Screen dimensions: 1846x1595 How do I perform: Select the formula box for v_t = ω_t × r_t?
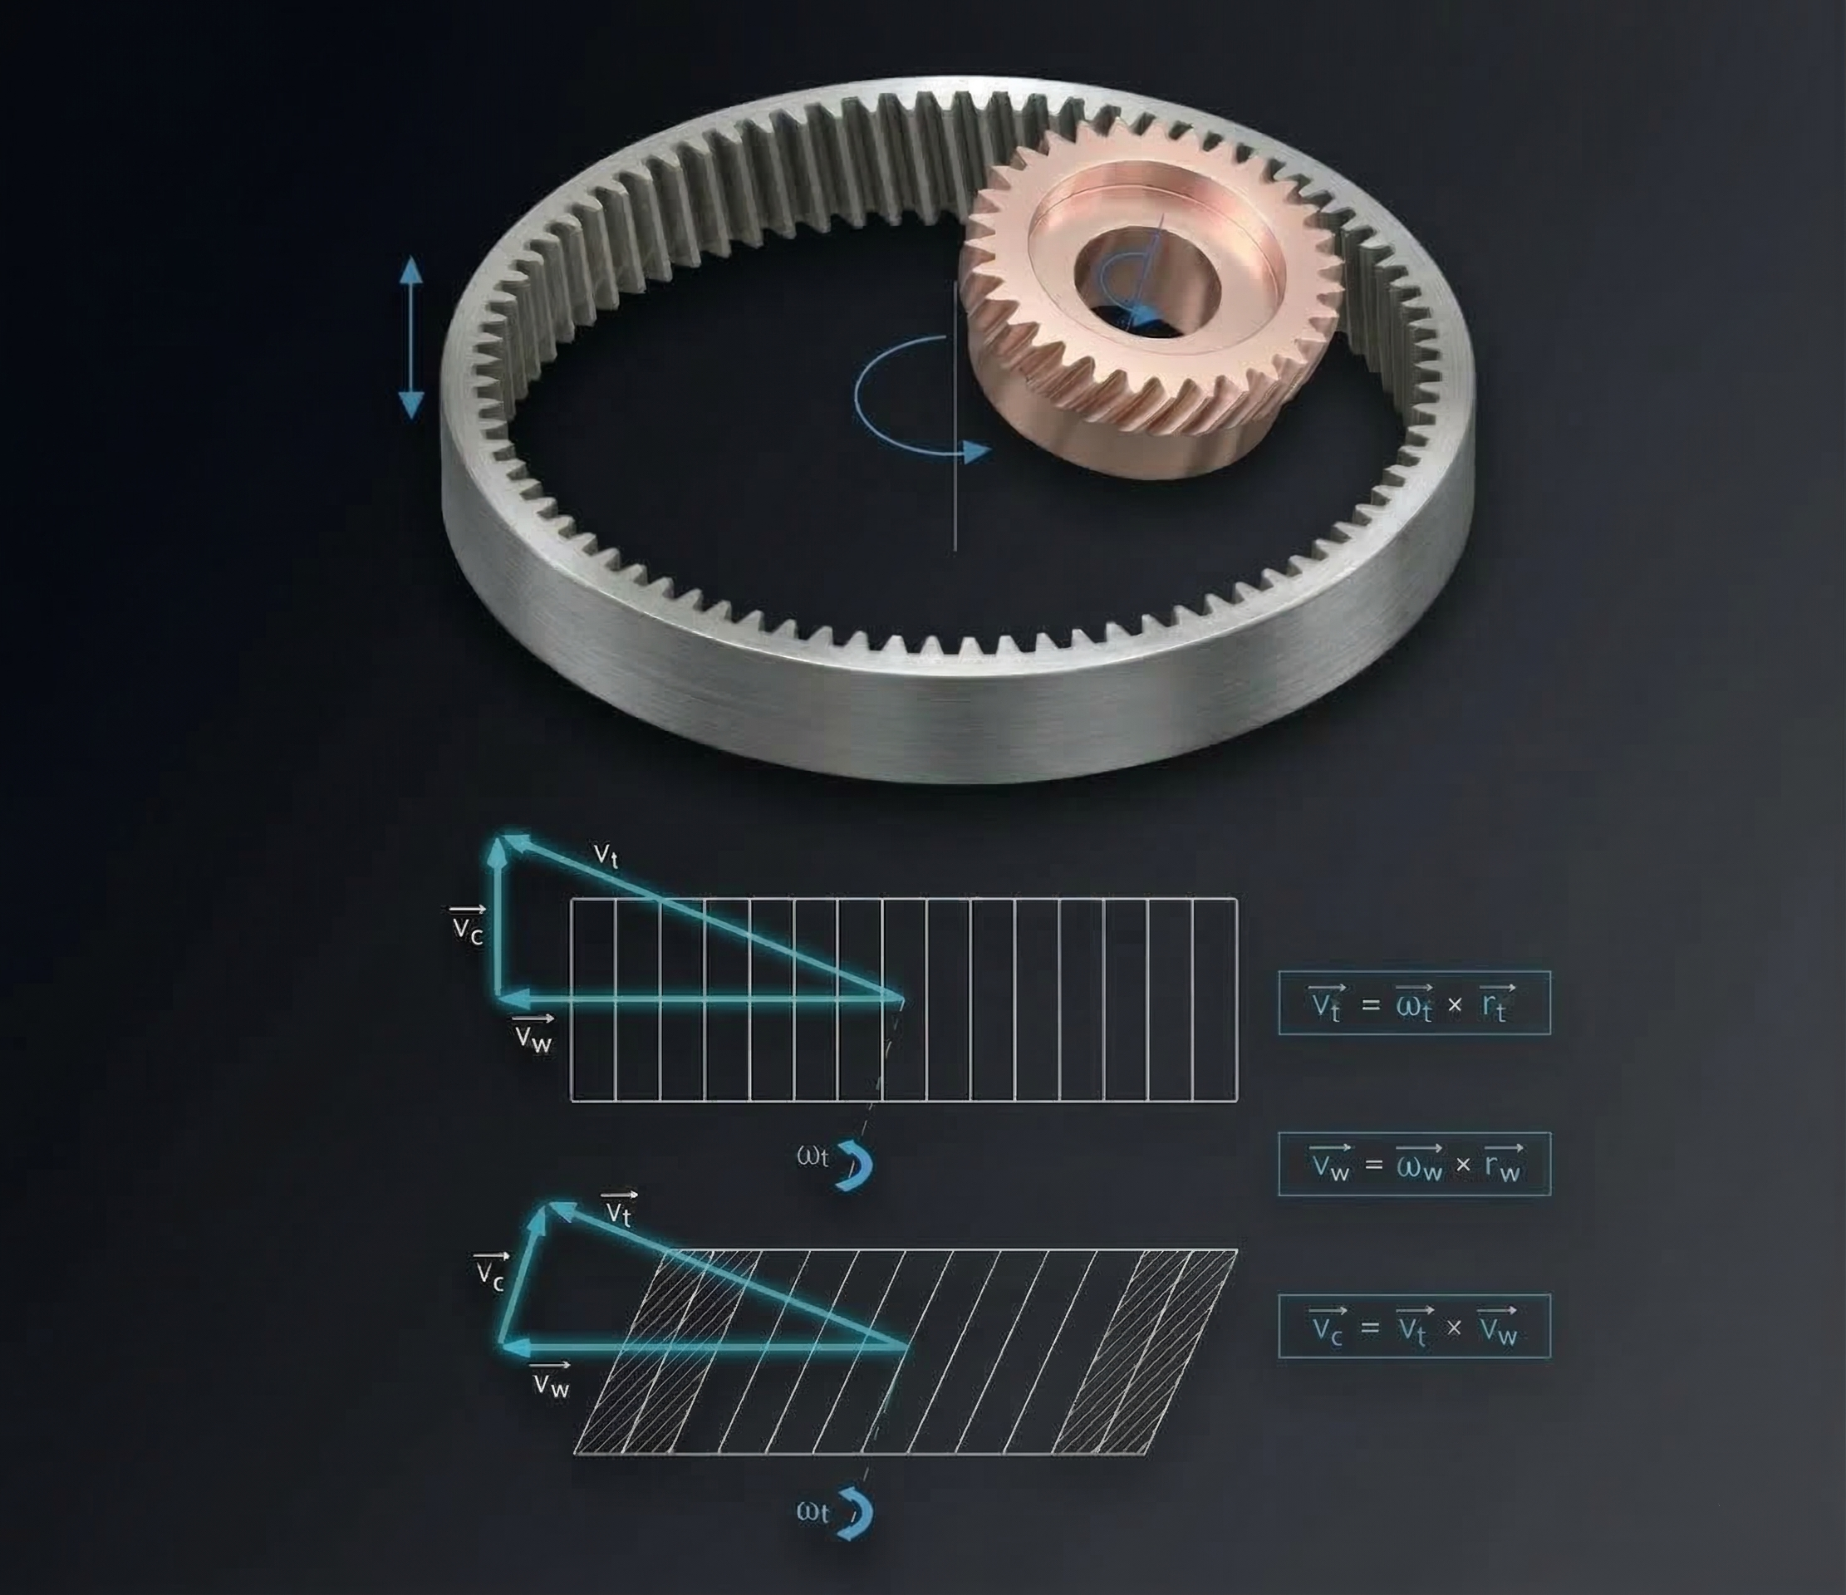tap(1414, 1003)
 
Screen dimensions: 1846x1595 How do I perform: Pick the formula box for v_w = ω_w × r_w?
tap(1414, 1164)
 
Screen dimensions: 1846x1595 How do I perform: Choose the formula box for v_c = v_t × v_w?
tap(1414, 1326)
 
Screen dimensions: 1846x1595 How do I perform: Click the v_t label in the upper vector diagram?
tap(605, 855)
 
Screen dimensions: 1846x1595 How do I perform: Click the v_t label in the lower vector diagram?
tap(618, 1210)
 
